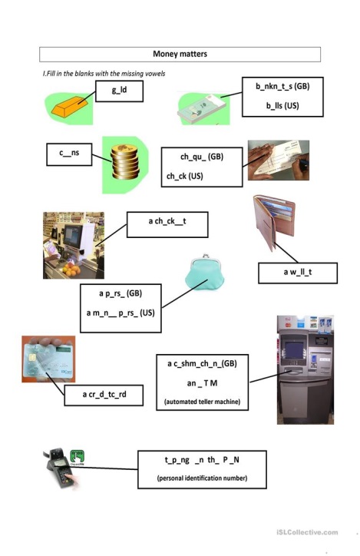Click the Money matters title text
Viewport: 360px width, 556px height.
pyautogui.click(x=180, y=54)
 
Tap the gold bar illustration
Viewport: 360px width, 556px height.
pyautogui.click(x=69, y=106)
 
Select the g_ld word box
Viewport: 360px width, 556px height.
pyautogui.click(x=120, y=91)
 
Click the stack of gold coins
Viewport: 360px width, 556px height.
pyautogui.click(x=124, y=162)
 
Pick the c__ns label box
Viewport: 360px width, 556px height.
pyautogui.click(x=69, y=154)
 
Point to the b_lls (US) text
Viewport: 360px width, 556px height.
pyautogui.click(x=282, y=106)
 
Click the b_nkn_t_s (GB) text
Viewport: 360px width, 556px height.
pyautogui.click(x=282, y=86)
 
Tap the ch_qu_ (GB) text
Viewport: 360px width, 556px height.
pyautogui.click(x=202, y=157)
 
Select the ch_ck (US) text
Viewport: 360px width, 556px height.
pyautogui.click(x=185, y=176)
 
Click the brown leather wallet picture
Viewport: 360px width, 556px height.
pyautogui.click(x=274, y=221)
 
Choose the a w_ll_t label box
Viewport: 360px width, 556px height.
pyautogui.click(x=298, y=273)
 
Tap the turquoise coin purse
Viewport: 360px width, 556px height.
pyautogui.click(x=205, y=273)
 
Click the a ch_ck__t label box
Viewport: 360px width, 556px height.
pyautogui.click(x=167, y=224)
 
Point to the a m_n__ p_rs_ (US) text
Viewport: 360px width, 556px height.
pyautogui.click(x=121, y=313)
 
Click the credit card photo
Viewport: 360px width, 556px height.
pyautogui.click(x=48, y=359)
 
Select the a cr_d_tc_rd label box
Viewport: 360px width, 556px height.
pyautogui.click(x=104, y=395)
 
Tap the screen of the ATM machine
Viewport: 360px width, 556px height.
pyautogui.click(x=294, y=349)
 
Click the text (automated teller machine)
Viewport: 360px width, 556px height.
pyautogui.click(x=202, y=402)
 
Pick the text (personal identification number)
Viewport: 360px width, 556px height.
pyautogui.click(x=202, y=478)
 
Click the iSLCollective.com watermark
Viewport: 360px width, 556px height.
pyautogui.click(x=307, y=532)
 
